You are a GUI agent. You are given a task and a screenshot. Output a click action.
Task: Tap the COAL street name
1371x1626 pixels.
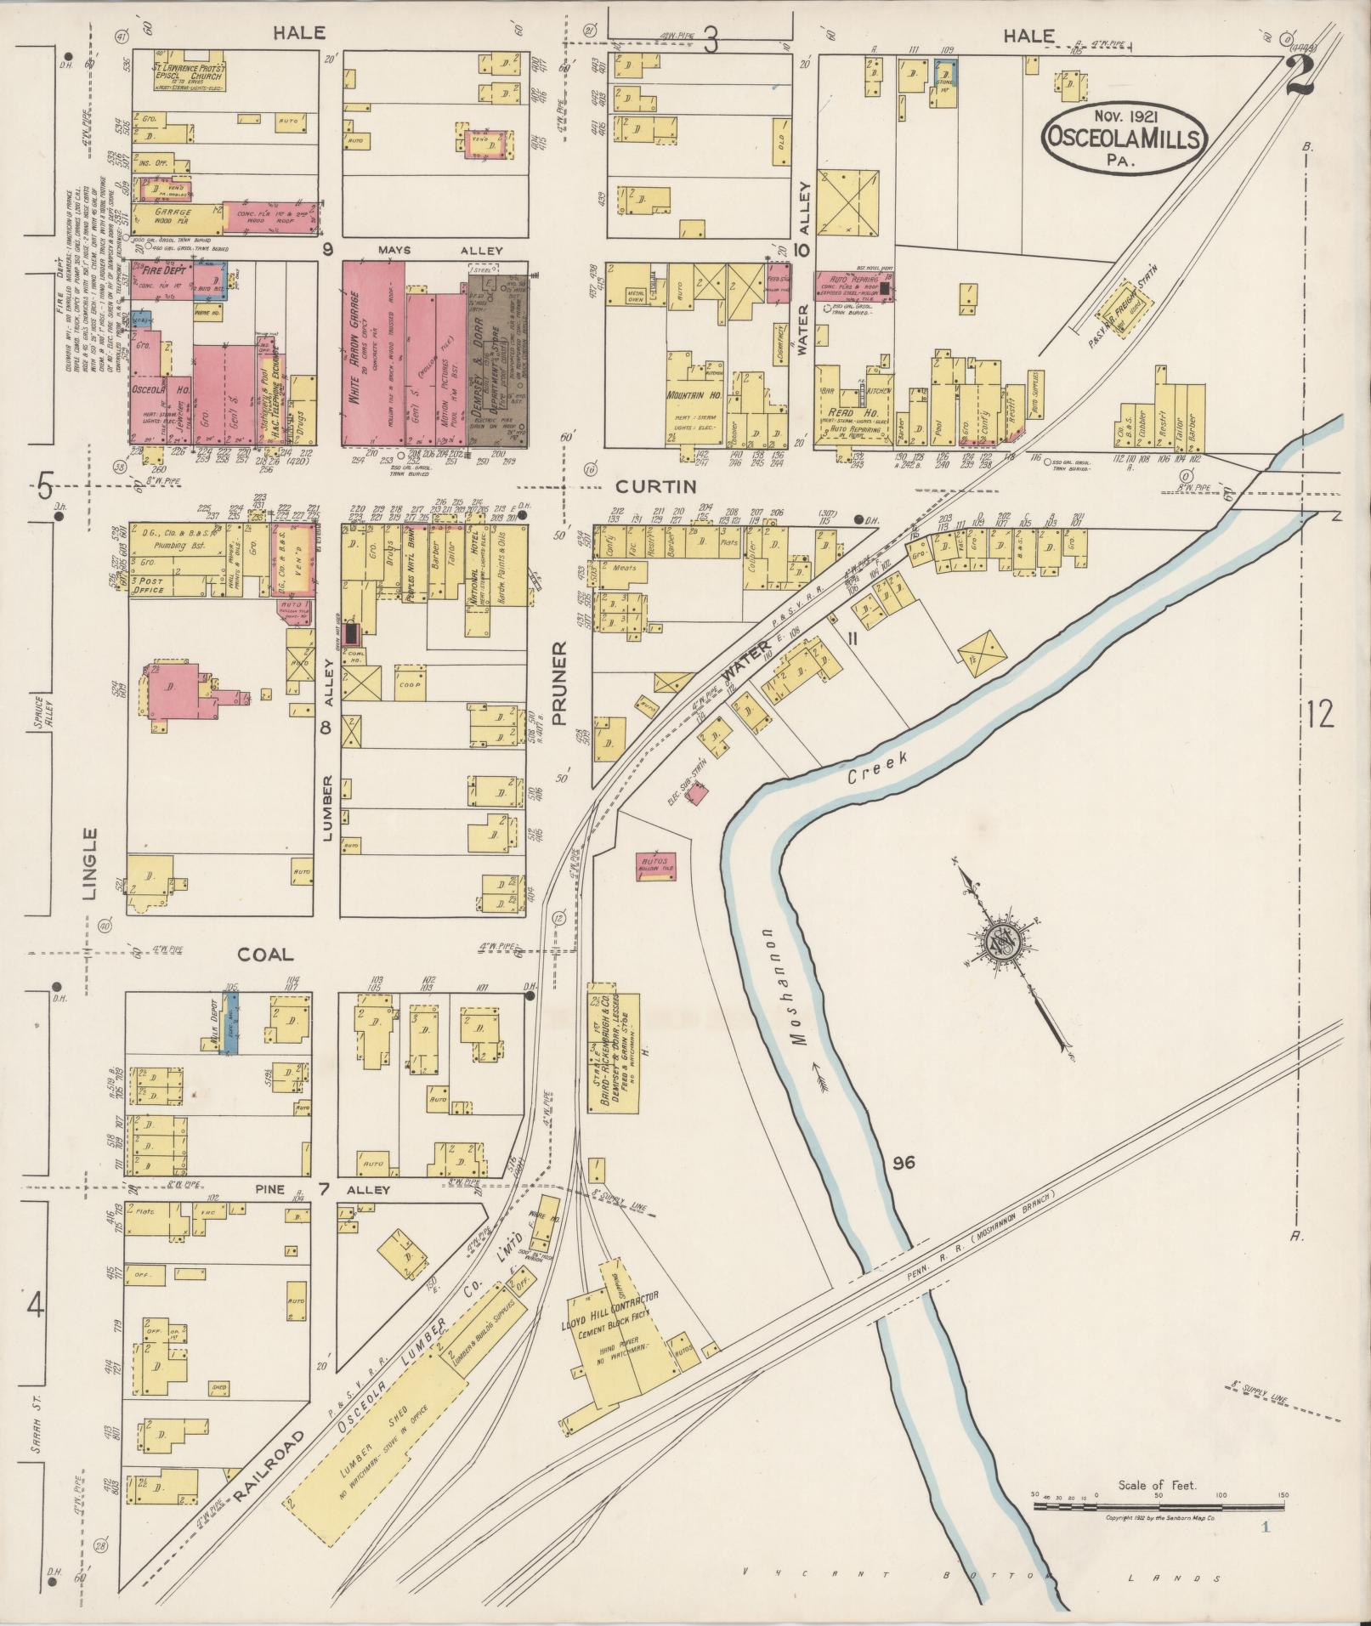pos(265,955)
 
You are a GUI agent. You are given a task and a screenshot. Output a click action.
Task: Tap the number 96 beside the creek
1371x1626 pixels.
pos(903,1162)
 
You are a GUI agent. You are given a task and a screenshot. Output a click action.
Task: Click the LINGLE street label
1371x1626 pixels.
pos(91,862)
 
